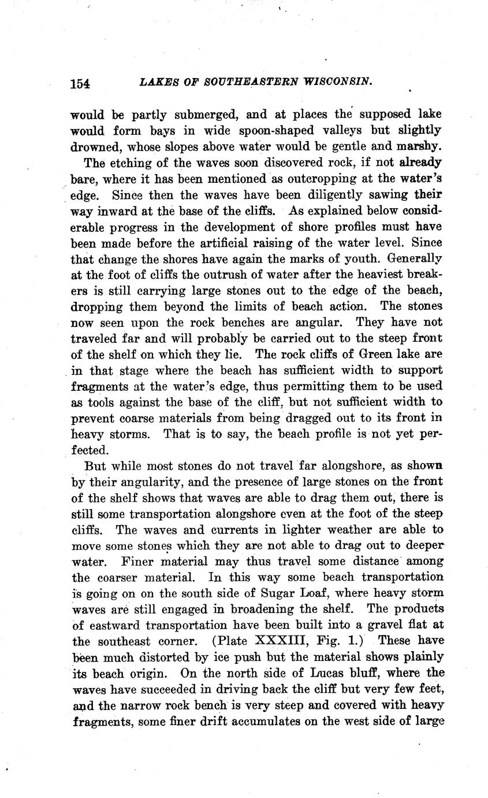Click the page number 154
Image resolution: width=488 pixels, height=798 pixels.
80,83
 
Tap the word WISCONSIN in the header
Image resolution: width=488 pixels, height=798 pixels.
335,82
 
